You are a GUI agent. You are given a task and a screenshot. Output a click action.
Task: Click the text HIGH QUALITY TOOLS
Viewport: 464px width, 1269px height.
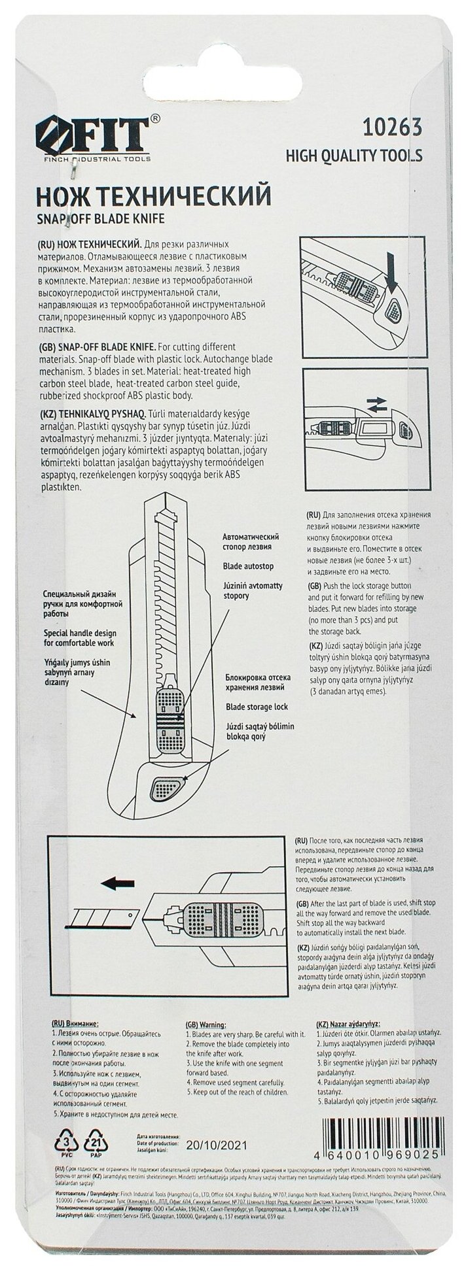coord(354,156)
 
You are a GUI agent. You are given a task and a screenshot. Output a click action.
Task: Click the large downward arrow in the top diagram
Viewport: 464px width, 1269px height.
coord(393,265)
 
